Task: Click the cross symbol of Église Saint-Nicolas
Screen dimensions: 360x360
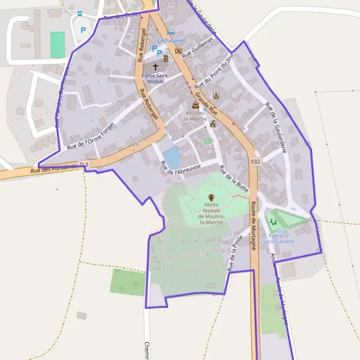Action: (156, 67)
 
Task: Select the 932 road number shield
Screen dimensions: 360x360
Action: (256, 162)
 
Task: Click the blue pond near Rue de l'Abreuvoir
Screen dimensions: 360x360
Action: (172, 158)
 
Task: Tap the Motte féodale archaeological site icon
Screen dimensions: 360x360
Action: (211, 197)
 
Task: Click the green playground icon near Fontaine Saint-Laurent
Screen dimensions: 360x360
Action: (278, 222)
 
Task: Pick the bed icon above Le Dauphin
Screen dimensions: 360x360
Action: (171, 33)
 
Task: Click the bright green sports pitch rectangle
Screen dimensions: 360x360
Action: (58, 45)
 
